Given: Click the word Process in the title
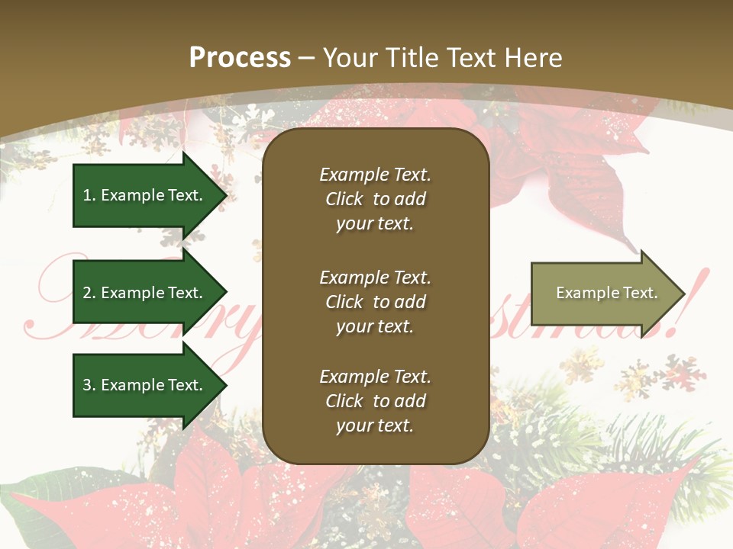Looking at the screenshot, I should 240,58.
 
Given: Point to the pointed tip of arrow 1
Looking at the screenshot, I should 226,195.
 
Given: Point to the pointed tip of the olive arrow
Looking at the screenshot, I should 684,294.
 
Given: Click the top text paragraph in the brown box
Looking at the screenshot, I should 375,199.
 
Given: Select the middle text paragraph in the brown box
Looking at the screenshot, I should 375,302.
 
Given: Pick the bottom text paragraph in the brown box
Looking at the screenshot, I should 375,401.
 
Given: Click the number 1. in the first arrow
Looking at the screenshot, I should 89,195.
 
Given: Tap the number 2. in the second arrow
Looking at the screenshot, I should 89,293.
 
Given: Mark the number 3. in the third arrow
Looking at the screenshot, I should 89,385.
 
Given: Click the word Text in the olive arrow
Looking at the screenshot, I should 640,293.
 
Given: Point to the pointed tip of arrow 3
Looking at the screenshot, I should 226,385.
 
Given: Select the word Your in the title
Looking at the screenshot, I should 350,58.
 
